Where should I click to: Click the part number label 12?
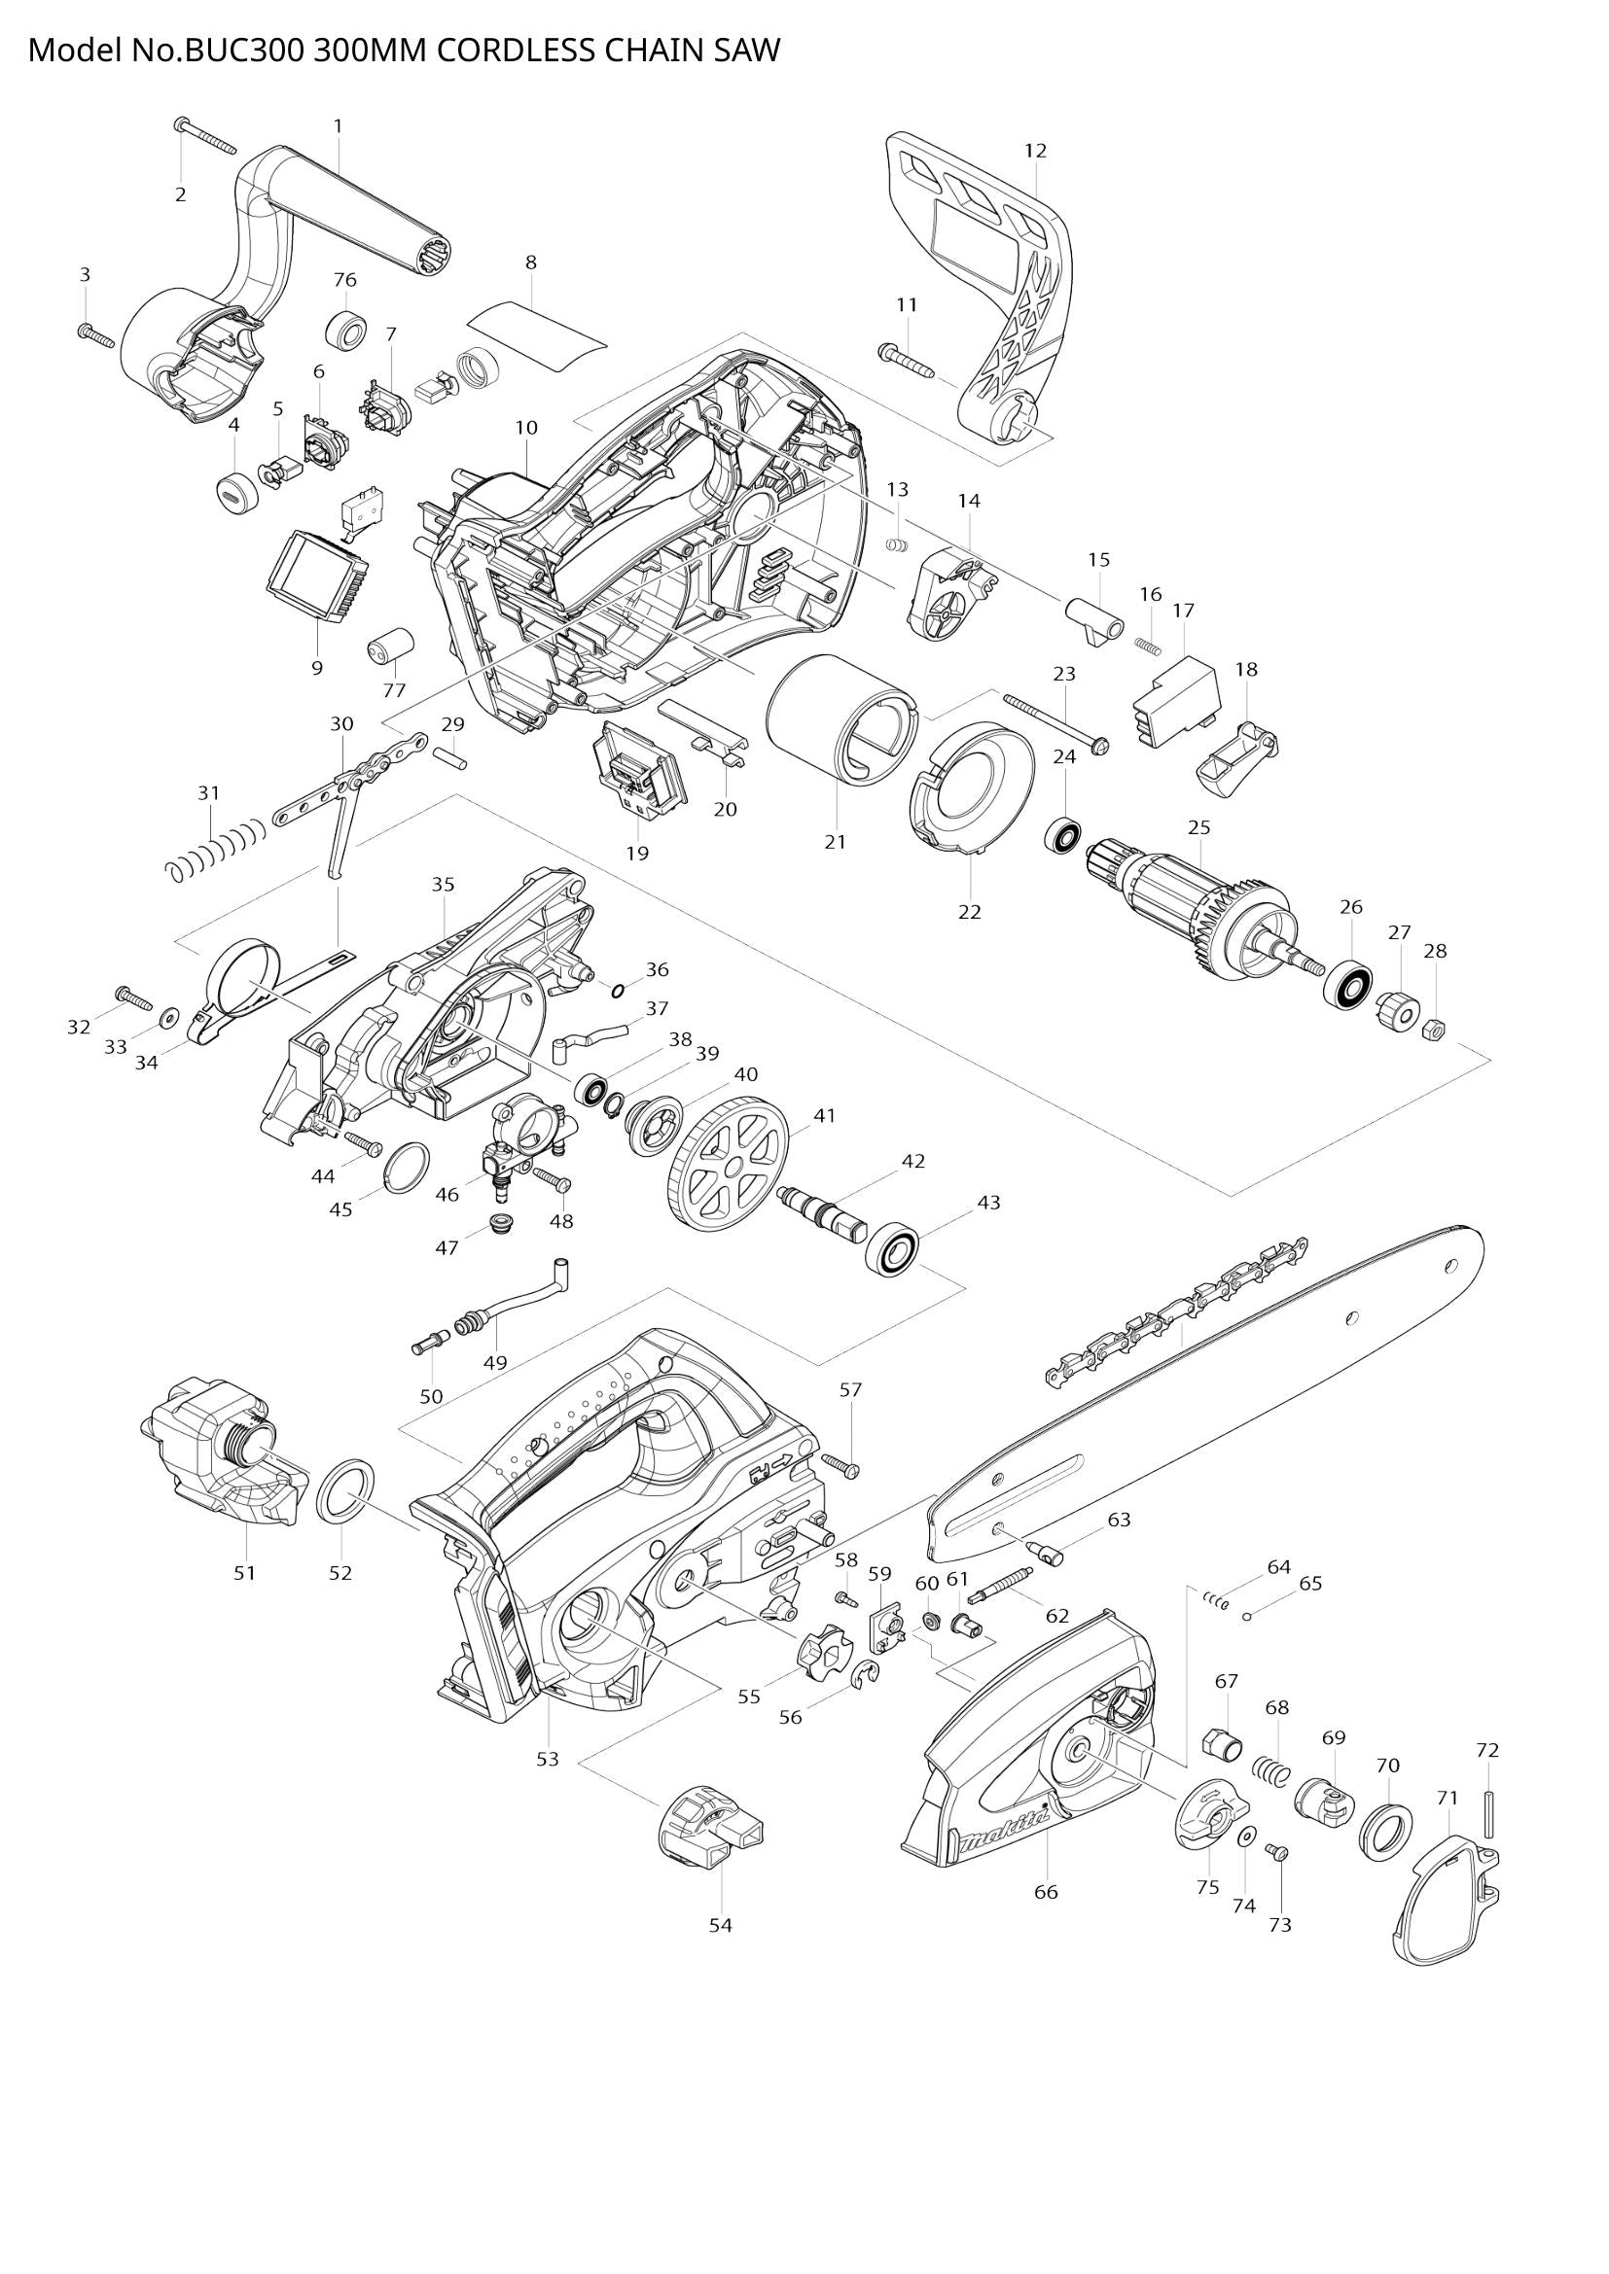1035,151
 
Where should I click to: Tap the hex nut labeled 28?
1432,1031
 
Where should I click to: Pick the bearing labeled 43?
893,1250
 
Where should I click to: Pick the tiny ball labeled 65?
1247,1617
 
